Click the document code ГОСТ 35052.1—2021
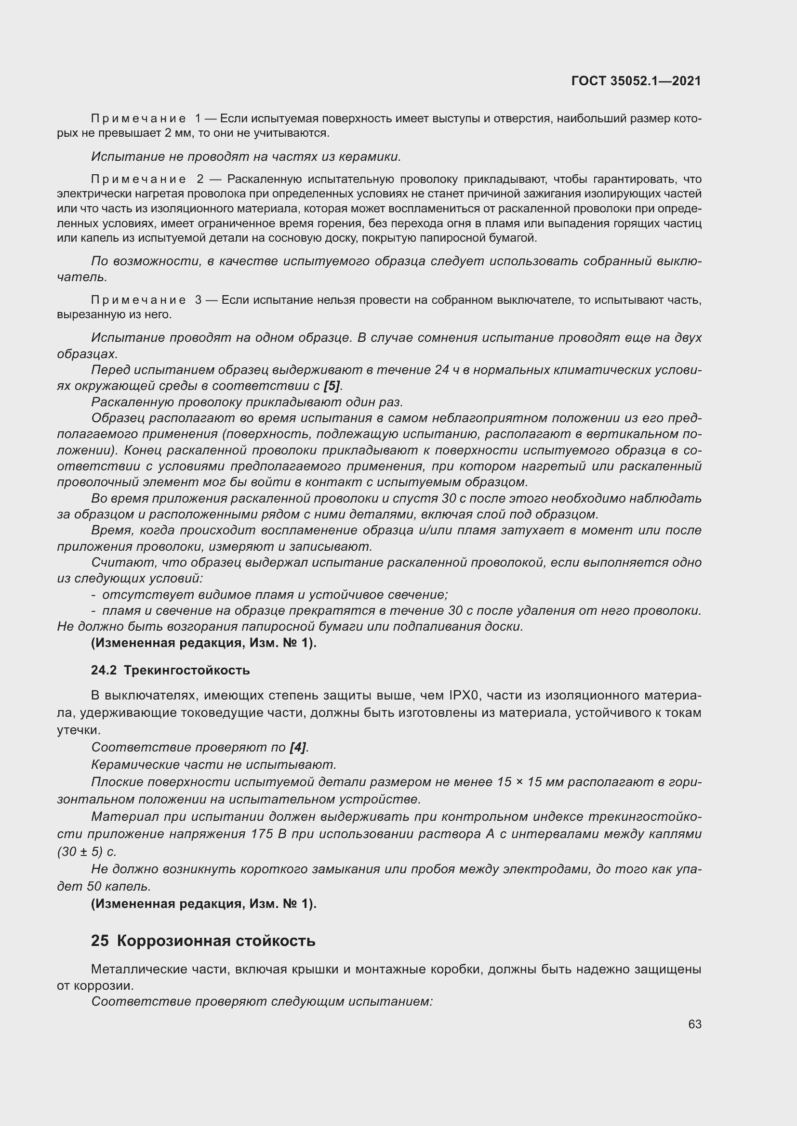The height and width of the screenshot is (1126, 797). click(636, 81)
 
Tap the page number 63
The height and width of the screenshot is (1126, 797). click(694, 1024)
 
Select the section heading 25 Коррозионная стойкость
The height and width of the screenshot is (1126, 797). click(203, 941)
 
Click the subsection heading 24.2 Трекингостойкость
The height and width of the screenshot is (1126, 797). click(170, 670)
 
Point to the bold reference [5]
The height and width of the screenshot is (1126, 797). click(332, 386)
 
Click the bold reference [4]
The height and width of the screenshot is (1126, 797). click(297, 747)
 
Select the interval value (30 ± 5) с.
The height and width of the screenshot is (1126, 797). click(87, 852)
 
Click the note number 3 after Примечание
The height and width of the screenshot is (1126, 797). click(198, 299)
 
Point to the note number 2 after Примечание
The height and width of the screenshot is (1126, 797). click(200, 179)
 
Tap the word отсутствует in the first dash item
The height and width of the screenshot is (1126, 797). click(132, 595)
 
